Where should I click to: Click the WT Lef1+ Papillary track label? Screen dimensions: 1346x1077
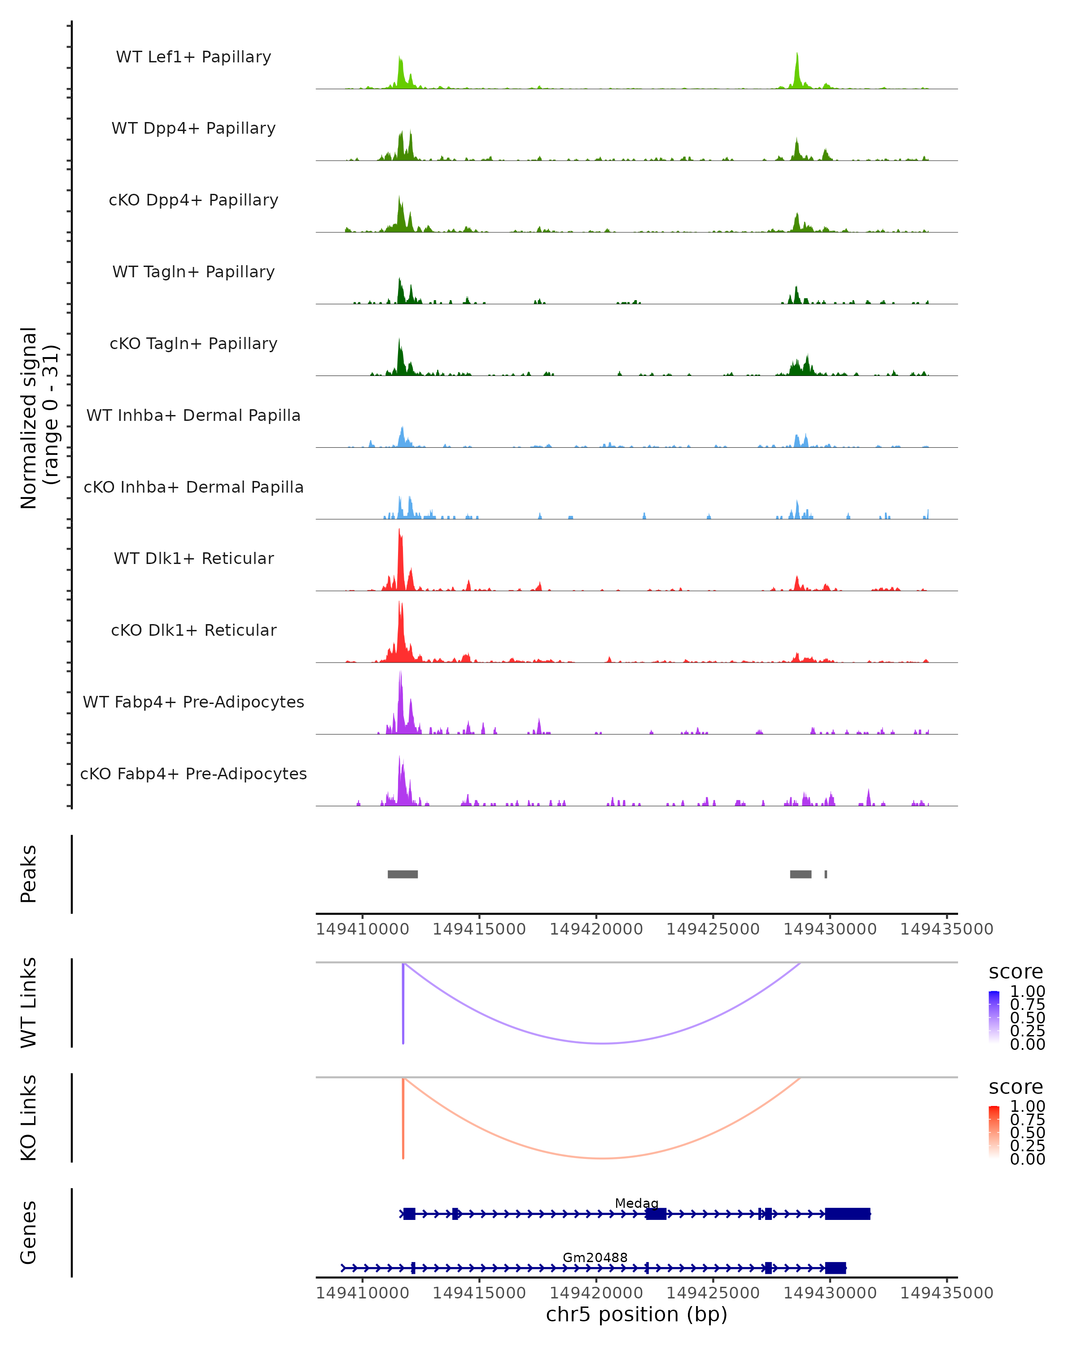(193, 57)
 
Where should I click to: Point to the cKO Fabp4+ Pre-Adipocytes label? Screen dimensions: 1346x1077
(193, 774)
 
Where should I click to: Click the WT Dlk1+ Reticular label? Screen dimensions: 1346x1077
(193, 558)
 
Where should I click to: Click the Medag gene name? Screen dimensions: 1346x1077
(636, 1202)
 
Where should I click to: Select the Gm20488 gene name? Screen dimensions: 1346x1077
(595, 1257)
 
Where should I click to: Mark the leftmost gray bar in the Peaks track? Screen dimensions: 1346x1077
(403, 874)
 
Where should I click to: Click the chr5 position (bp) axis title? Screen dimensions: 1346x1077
(636, 1314)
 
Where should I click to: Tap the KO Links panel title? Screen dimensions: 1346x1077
(29, 1118)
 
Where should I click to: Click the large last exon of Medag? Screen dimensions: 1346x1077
(847, 1214)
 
